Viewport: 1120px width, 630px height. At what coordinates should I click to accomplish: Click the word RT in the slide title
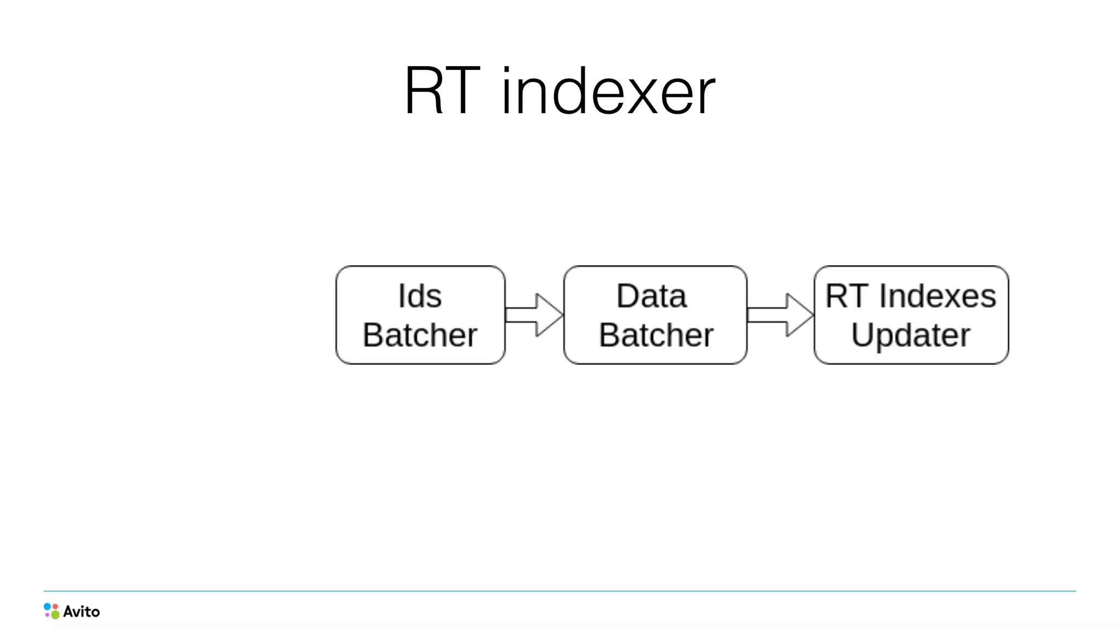(x=442, y=91)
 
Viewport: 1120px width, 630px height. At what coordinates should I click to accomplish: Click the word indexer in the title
(x=608, y=91)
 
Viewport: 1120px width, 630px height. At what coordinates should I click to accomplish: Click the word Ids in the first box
(x=420, y=296)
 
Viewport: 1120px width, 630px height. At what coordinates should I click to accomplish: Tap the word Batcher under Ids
(x=420, y=335)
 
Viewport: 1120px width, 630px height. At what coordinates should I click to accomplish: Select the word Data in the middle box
(x=651, y=296)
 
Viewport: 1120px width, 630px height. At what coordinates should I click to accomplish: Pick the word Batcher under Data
(x=656, y=335)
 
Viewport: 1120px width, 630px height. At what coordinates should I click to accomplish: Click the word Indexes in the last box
(x=937, y=296)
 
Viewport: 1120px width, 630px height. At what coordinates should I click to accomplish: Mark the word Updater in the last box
(x=911, y=335)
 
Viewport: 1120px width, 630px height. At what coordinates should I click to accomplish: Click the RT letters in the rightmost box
(x=846, y=296)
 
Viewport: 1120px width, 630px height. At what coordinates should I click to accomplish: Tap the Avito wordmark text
(x=81, y=611)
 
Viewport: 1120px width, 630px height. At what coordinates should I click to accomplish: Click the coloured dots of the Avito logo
(x=51, y=611)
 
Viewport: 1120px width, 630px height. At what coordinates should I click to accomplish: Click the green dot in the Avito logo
(x=55, y=615)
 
